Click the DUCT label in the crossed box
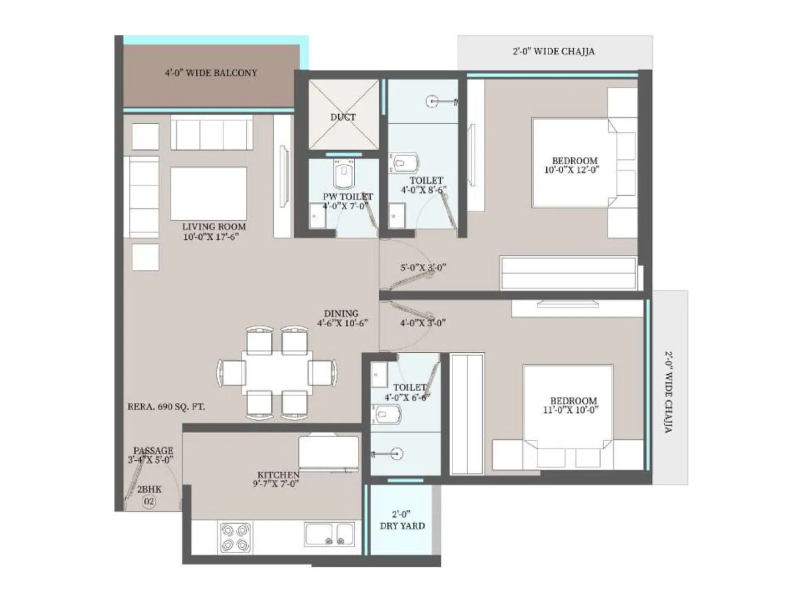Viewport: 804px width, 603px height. click(x=343, y=117)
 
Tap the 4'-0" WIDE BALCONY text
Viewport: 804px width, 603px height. click(x=211, y=73)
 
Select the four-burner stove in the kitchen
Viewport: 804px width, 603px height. click(x=235, y=537)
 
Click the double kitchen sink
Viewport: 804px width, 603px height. click(x=330, y=535)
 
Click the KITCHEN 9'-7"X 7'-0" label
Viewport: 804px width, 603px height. click(x=277, y=479)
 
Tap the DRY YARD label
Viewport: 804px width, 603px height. click(x=402, y=526)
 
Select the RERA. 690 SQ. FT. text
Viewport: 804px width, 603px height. click(x=166, y=407)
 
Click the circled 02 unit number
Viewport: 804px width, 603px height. click(x=149, y=501)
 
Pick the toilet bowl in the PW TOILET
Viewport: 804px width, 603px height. click(x=344, y=174)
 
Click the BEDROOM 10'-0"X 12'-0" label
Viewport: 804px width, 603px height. click(x=573, y=165)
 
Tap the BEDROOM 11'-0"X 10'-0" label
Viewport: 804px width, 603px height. click(x=572, y=405)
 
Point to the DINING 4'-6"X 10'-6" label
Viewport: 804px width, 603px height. click(x=342, y=318)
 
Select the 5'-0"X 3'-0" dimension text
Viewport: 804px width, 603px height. click(x=423, y=268)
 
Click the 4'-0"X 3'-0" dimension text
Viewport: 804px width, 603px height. click(x=423, y=323)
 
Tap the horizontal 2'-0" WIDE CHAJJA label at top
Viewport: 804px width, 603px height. click(x=554, y=51)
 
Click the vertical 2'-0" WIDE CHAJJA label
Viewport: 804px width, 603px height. click(x=669, y=392)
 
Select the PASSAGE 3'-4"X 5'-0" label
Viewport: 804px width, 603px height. click(x=151, y=455)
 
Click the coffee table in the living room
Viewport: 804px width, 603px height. click(x=209, y=193)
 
